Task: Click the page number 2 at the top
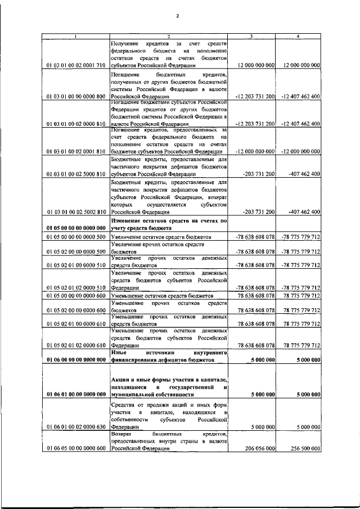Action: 177,16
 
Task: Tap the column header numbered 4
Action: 298,37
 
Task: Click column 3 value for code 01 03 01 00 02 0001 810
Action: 255,152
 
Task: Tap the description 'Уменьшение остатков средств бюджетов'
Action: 161,295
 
